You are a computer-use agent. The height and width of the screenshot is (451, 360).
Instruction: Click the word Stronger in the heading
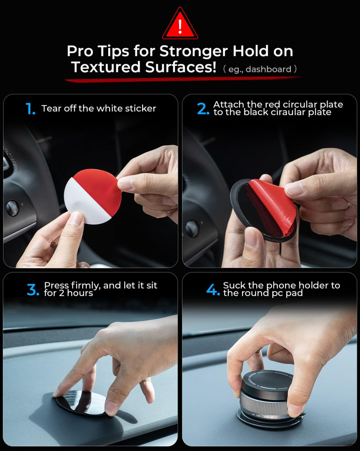(x=193, y=51)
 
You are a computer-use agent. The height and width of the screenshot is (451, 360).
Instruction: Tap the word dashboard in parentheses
(x=268, y=69)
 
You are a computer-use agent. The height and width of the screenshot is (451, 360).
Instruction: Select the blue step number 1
(x=31, y=109)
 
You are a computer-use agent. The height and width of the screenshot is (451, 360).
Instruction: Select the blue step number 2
(x=203, y=109)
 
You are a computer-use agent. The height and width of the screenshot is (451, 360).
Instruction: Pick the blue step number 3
(x=33, y=290)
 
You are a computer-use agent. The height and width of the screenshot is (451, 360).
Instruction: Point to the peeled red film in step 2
(x=274, y=204)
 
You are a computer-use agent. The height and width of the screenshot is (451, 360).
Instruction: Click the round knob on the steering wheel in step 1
(x=12, y=208)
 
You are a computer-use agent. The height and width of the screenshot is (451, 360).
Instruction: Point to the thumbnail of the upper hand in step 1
(x=125, y=183)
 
